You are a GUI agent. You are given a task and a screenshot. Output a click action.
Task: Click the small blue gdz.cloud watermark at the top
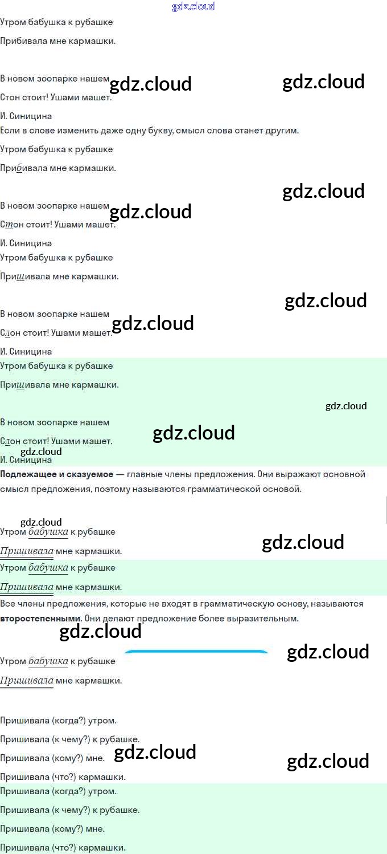(193, 7)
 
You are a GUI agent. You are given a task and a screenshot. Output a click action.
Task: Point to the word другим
(281, 131)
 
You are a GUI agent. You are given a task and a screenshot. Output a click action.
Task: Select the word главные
(146, 474)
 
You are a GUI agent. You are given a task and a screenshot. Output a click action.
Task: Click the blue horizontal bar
(196, 652)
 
